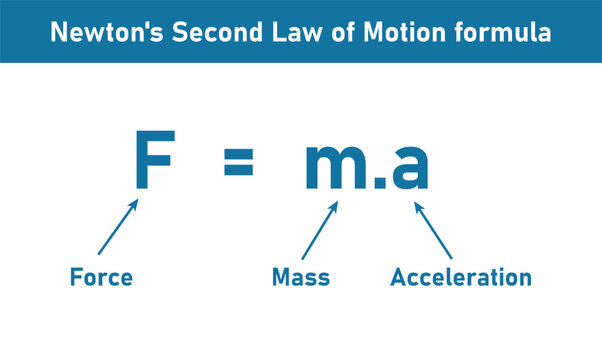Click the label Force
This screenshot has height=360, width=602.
coord(101,277)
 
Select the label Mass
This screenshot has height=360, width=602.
coord(301,277)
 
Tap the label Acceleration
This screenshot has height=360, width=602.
coord(461,277)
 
